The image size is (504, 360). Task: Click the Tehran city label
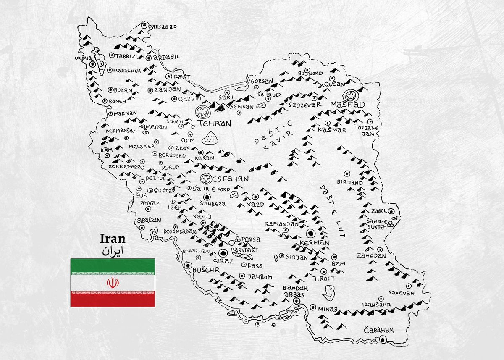click(214, 124)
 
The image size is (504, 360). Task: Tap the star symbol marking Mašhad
click(349, 96)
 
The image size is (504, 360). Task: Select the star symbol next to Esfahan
click(206, 179)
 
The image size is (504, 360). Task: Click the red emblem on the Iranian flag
click(112, 283)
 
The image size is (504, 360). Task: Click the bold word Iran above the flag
click(113, 239)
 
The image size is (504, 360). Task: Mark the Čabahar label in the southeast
click(379, 330)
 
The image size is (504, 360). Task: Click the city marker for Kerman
click(311, 234)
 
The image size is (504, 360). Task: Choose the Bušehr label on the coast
click(206, 271)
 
